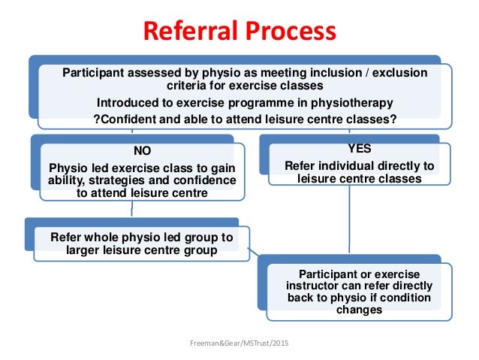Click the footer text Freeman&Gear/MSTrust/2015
[239, 343]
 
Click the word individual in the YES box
[350, 166]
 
